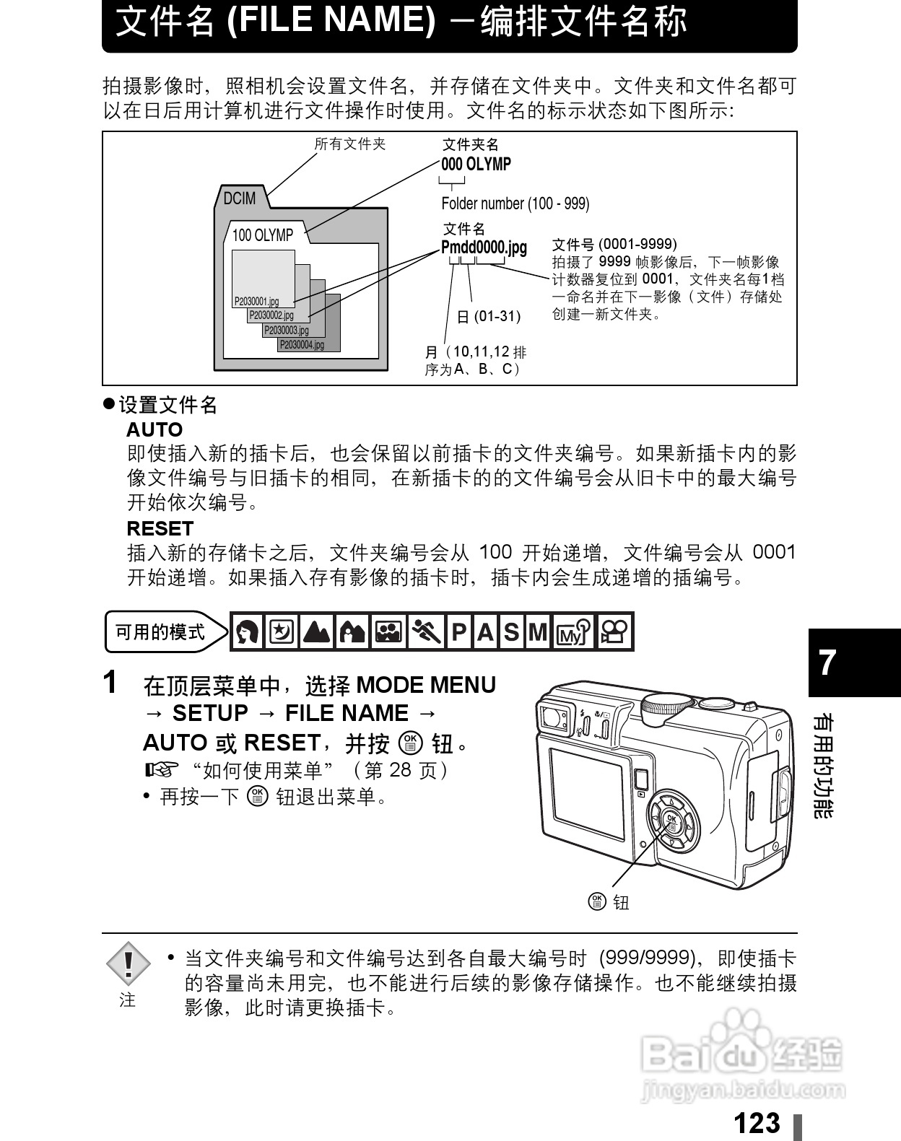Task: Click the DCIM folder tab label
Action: click(239, 198)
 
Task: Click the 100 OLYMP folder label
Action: click(262, 235)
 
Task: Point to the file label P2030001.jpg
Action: click(256, 302)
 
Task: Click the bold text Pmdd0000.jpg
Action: click(484, 248)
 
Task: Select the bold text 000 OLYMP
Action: click(476, 165)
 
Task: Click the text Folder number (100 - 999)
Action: click(515, 204)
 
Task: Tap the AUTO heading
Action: click(154, 429)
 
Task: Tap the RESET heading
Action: click(160, 528)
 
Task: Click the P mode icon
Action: click(458, 633)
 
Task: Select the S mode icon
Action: click(511, 633)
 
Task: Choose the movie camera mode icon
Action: click(615, 632)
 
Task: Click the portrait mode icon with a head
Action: click(248, 632)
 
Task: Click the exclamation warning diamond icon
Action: click(128, 963)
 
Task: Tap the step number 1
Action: click(110, 682)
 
